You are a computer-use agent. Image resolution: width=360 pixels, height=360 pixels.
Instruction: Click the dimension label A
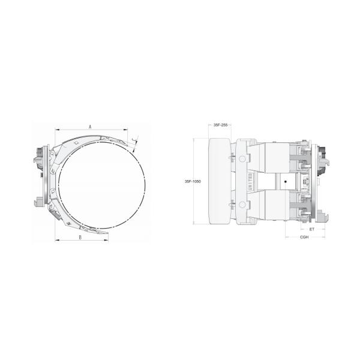[89, 127]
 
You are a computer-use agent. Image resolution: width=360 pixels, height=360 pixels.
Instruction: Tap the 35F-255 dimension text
[220, 125]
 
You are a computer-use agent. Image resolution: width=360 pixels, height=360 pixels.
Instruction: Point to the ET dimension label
[312, 229]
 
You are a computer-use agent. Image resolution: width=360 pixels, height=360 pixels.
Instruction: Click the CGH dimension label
[304, 238]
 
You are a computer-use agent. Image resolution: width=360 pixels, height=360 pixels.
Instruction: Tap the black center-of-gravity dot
[286, 181]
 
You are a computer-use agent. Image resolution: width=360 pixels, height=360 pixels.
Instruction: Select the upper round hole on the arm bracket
[242, 159]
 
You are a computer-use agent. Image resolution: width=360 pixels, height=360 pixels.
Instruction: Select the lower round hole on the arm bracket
[242, 205]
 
